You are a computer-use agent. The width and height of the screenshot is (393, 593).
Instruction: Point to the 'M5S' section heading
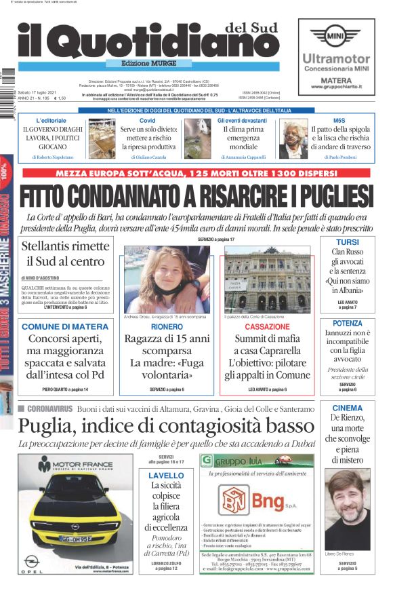pyautogui.click(x=339, y=120)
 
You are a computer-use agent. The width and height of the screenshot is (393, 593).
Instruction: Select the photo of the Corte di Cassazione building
pyautogui.click(x=268, y=278)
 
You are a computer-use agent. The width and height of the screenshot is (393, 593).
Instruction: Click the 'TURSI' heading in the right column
pyautogui.click(x=348, y=242)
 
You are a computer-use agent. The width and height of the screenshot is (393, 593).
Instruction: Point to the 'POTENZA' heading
pyautogui.click(x=348, y=323)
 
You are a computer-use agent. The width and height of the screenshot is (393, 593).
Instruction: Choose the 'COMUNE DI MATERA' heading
pyautogui.click(x=65, y=326)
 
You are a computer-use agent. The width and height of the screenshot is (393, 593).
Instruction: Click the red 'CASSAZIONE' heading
pyautogui.click(x=267, y=326)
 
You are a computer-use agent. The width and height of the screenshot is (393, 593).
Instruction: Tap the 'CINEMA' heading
pyautogui.click(x=348, y=408)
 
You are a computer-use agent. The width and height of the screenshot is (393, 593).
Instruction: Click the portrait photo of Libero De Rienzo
pyautogui.click(x=348, y=509)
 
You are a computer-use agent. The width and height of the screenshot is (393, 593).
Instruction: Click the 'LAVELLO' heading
pyautogui.click(x=166, y=476)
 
